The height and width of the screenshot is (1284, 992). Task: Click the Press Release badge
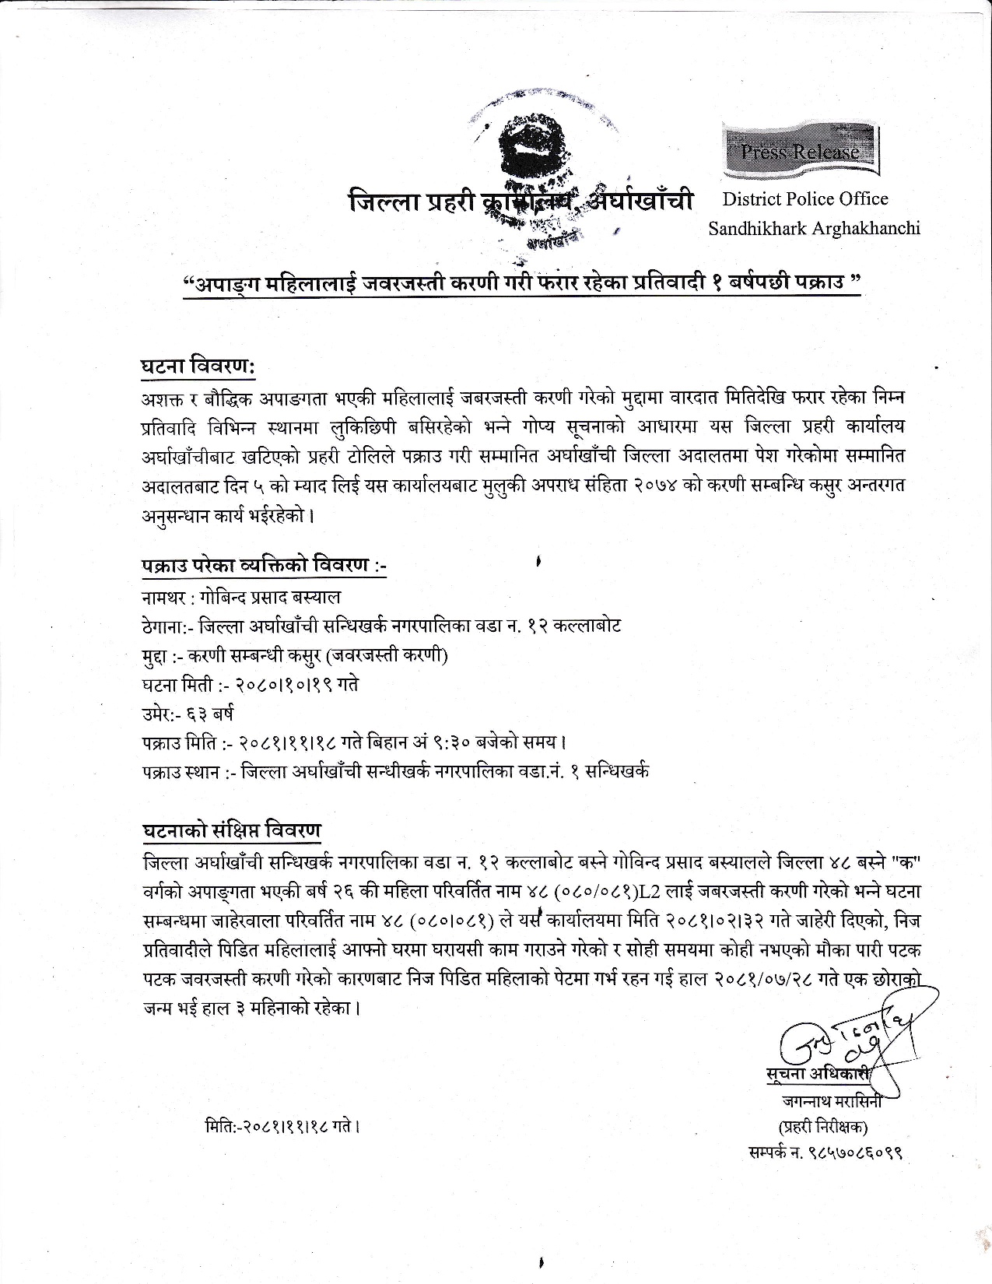tap(802, 150)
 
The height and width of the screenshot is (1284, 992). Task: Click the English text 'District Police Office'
tap(805, 198)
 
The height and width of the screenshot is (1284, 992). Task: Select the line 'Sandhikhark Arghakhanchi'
tap(814, 228)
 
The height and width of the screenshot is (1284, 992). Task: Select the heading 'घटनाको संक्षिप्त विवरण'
tap(231, 830)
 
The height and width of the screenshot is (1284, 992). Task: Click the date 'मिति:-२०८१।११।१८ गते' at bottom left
tap(281, 1125)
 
